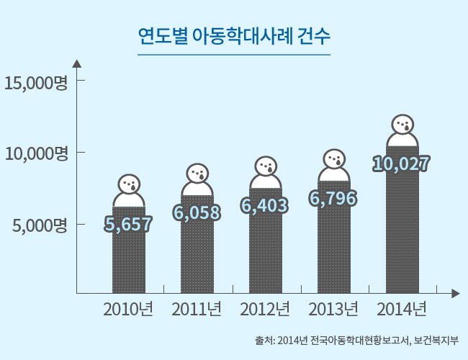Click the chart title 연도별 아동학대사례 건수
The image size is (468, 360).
tap(233, 35)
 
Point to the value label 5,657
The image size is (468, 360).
tap(129, 224)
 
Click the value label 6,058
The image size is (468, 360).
tap(197, 212)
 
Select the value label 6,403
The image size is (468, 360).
tap(265, 206)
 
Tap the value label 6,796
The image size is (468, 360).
tap(333, 198)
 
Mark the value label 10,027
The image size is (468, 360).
tap(402, 164)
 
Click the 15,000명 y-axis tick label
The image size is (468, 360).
tap(35, 82)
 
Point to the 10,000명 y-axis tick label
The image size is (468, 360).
tap(35, 153)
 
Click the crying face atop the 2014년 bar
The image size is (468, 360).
tap(402, 125)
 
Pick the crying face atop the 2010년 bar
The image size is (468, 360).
tap(130, 184)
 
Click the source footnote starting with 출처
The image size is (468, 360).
tap(356, 341)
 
